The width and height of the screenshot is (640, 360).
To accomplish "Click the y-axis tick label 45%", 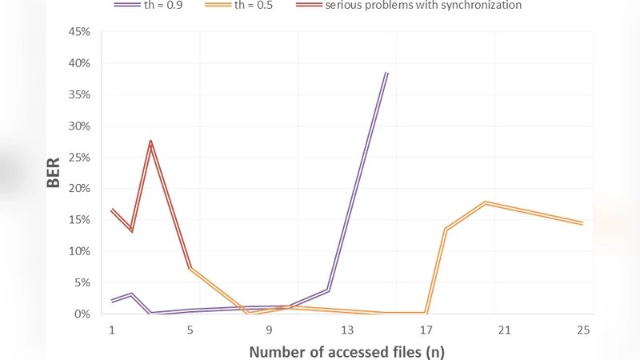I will pyautogui.click(x=80, y=32).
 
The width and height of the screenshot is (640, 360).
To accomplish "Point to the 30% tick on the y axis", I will pyautogui.click(x=80, y=126).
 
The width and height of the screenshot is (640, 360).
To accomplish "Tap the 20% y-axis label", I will pyautogui.click(x=80, y=189).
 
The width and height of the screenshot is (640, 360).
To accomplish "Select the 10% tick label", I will pyautogui.click(x=80, y=251).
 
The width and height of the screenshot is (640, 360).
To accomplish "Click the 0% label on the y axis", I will pyautogui.click(x=83, y=314).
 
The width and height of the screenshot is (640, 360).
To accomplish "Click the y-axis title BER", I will pyautogui.click(x=54, y=173).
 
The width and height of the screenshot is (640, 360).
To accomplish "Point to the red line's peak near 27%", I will pyautogui.click(x=150, y=142).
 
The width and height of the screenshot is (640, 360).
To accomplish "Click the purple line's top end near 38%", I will pyautogui.click(x=386, y=73).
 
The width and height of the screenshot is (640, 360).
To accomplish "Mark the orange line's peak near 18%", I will pyautogui.click(x=485, y=202).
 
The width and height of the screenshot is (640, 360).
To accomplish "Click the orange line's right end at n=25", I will pyautogui.click(x=582, y=223).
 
